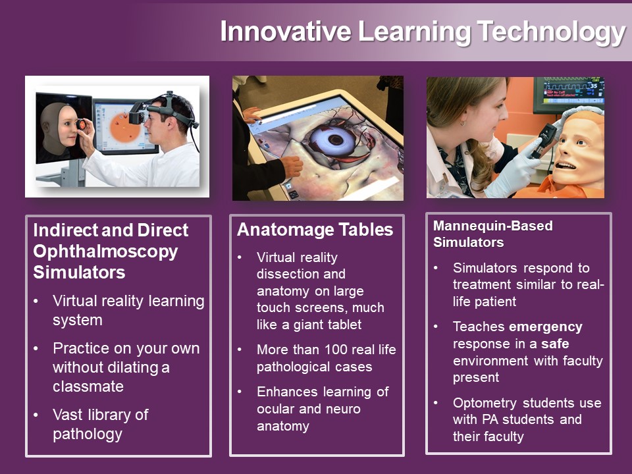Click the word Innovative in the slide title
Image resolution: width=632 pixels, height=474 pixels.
click(x=285, y=32)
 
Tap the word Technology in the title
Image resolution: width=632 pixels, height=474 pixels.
click(x=551, y=33)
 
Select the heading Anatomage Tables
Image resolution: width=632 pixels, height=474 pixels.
click(x=315, y=230)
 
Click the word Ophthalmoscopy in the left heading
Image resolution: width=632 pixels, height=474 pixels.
click(x=105, y=252)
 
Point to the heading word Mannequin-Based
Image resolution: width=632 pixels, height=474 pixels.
click(x=492, y=226)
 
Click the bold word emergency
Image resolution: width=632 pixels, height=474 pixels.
click(x=546, y=327)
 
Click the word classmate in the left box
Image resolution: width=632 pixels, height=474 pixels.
click(x=88, y=386)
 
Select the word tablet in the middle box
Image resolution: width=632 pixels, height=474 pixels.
click(x=344, y=325)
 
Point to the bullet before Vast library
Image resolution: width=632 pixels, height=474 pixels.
click(x=36, y=415)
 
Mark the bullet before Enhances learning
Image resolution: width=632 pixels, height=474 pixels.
click(x=240, y=392)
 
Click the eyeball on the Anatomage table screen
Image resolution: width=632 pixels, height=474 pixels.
click(x=334, y=140)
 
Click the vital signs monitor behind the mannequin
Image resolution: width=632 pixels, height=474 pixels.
click(x=569, y=94)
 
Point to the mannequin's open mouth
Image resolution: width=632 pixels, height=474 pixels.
click(x=567, y=165)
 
